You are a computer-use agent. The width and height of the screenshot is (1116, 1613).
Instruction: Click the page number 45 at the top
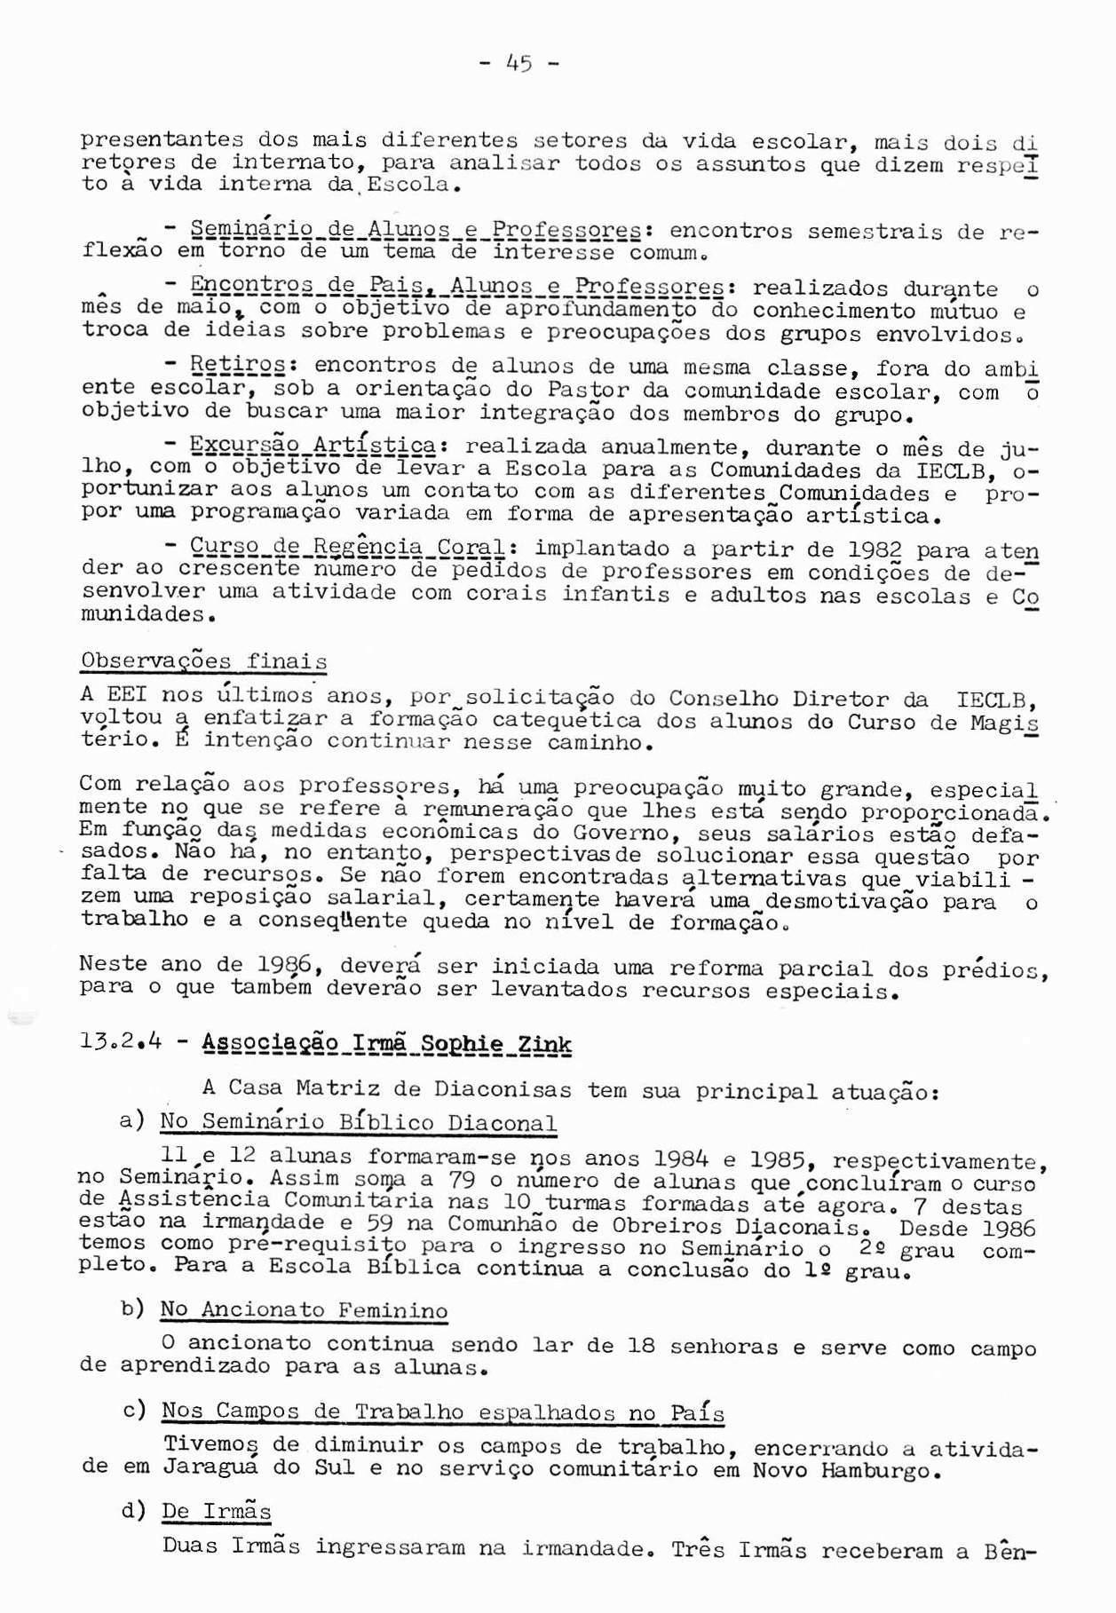pyautogui.click(x=518, y=63)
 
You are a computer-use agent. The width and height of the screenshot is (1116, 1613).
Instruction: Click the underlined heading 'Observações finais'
pyautogui.click(x=203, y=661)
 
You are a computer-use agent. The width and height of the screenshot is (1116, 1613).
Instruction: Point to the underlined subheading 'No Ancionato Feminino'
pyautogui.click(x=304, y=1309)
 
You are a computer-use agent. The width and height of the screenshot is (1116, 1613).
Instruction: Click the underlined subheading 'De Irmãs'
pyautogui.click(x=217, y=1511)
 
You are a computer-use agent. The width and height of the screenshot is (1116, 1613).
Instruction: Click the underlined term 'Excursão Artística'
pyautogui.click(x=313, y=446)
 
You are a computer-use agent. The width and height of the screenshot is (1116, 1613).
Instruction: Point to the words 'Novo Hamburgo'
pyautogui.click(x=843, y=1471)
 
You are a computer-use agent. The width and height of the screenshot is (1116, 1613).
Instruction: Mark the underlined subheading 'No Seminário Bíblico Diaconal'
pyautogui.click(x=359, y=1122)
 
